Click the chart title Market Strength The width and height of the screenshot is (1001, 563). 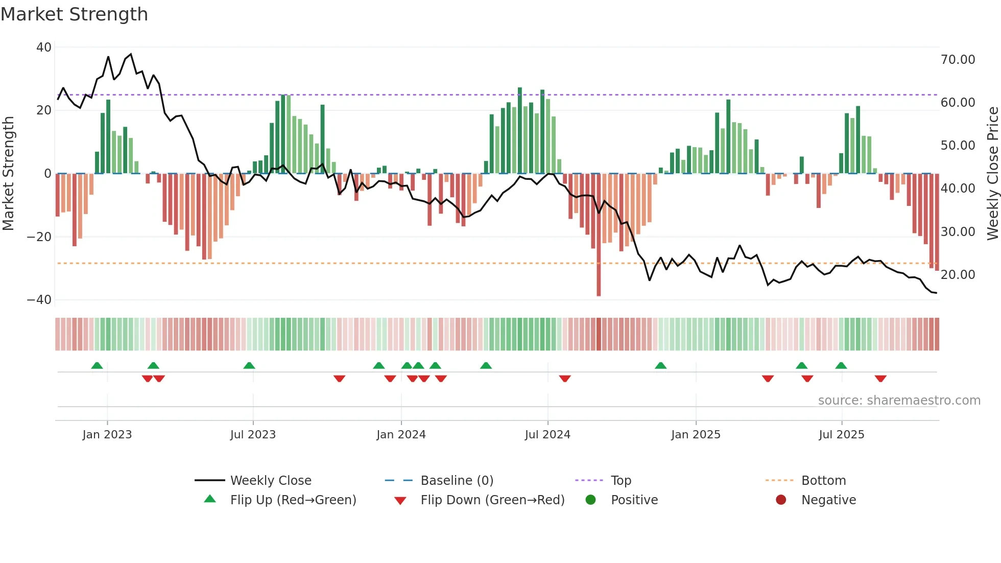click(74, 14)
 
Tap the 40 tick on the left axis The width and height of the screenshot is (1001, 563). click(44, 48)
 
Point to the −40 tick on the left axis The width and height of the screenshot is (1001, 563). click(39, 300)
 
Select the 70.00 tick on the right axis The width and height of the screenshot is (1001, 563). click(958, 60)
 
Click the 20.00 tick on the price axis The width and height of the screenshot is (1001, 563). click(958, 275)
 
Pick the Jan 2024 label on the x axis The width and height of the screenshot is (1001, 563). click(401, 435)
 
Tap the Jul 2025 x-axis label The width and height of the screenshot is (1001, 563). click(841, 435)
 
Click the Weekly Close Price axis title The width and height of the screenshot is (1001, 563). click(992, 174)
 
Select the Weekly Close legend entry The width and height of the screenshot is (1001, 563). click(270, 481)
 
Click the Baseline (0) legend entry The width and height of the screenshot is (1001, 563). click(457, 481)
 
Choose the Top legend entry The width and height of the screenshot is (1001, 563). click(621, 481)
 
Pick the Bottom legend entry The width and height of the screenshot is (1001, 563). click(823, 481)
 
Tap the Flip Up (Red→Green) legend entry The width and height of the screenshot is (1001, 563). click(293, 500)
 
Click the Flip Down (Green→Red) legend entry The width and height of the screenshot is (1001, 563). click(492, 500)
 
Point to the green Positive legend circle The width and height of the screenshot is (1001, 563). click(590, 500)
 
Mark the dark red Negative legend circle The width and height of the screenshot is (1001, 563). click(781, 500)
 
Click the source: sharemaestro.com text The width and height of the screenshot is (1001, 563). click(899, 401)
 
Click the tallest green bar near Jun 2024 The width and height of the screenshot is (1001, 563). click(520, 130)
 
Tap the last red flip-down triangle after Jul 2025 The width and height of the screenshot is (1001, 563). click(880, 379)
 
